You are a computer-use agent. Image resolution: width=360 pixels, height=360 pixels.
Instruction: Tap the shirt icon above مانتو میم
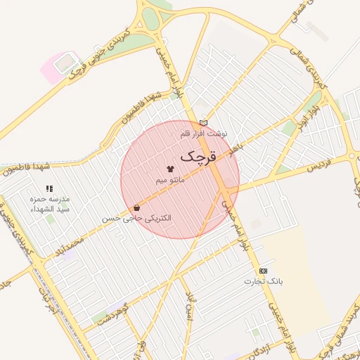pos(170,169)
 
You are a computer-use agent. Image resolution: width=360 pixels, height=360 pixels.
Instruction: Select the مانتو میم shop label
pos(170,181)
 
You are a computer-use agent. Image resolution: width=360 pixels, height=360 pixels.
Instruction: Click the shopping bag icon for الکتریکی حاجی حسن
pos(136,207)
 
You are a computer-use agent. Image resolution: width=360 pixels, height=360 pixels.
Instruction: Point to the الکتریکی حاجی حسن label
pos(136,219)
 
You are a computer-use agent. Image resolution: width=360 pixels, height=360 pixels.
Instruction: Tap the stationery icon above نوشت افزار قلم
pos(204,122)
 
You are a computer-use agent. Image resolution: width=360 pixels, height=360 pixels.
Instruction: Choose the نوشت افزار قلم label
pos(203,133)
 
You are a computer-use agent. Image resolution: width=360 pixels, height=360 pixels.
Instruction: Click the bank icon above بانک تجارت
pos(263,271)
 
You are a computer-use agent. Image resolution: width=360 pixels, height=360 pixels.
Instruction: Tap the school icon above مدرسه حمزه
pos(49,188)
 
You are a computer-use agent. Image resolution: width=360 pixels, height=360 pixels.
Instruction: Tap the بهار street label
pos(235,150)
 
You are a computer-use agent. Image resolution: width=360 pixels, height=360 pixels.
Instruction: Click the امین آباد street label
pos(188,309)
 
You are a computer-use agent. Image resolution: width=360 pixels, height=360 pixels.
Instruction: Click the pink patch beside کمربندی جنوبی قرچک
pos(53,69)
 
